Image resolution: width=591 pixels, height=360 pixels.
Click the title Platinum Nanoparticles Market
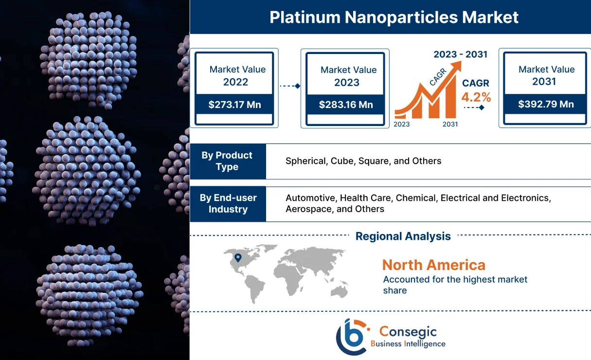tap(394, 18)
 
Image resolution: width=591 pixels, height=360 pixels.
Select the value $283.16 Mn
tap(346, 105)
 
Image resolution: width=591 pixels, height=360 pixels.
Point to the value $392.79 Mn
tap(545, 104)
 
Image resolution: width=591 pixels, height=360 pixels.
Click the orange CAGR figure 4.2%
tap(476, 97)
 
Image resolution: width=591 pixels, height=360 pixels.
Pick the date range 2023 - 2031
tap(460, 54)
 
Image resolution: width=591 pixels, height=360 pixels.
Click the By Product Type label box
tap(228, 161)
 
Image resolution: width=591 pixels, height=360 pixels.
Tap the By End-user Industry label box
tap(228, 204)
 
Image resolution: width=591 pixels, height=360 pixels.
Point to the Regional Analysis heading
tap(403, 236)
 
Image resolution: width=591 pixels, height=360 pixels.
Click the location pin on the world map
tap(237, 258)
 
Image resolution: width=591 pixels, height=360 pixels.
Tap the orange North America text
tap(433, 265)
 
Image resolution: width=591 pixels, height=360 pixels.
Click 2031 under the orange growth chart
tap(450, 124)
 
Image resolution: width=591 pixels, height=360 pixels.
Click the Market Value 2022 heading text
tap(237, 75)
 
